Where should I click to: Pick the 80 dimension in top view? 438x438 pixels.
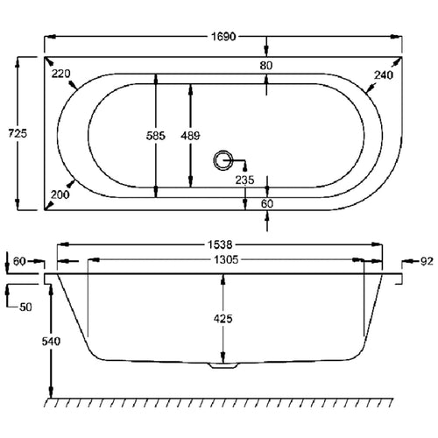tap(265, 65)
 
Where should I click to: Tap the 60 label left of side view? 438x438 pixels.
tap(20, 260)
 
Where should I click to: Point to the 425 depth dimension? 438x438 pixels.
tap(224, 320)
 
